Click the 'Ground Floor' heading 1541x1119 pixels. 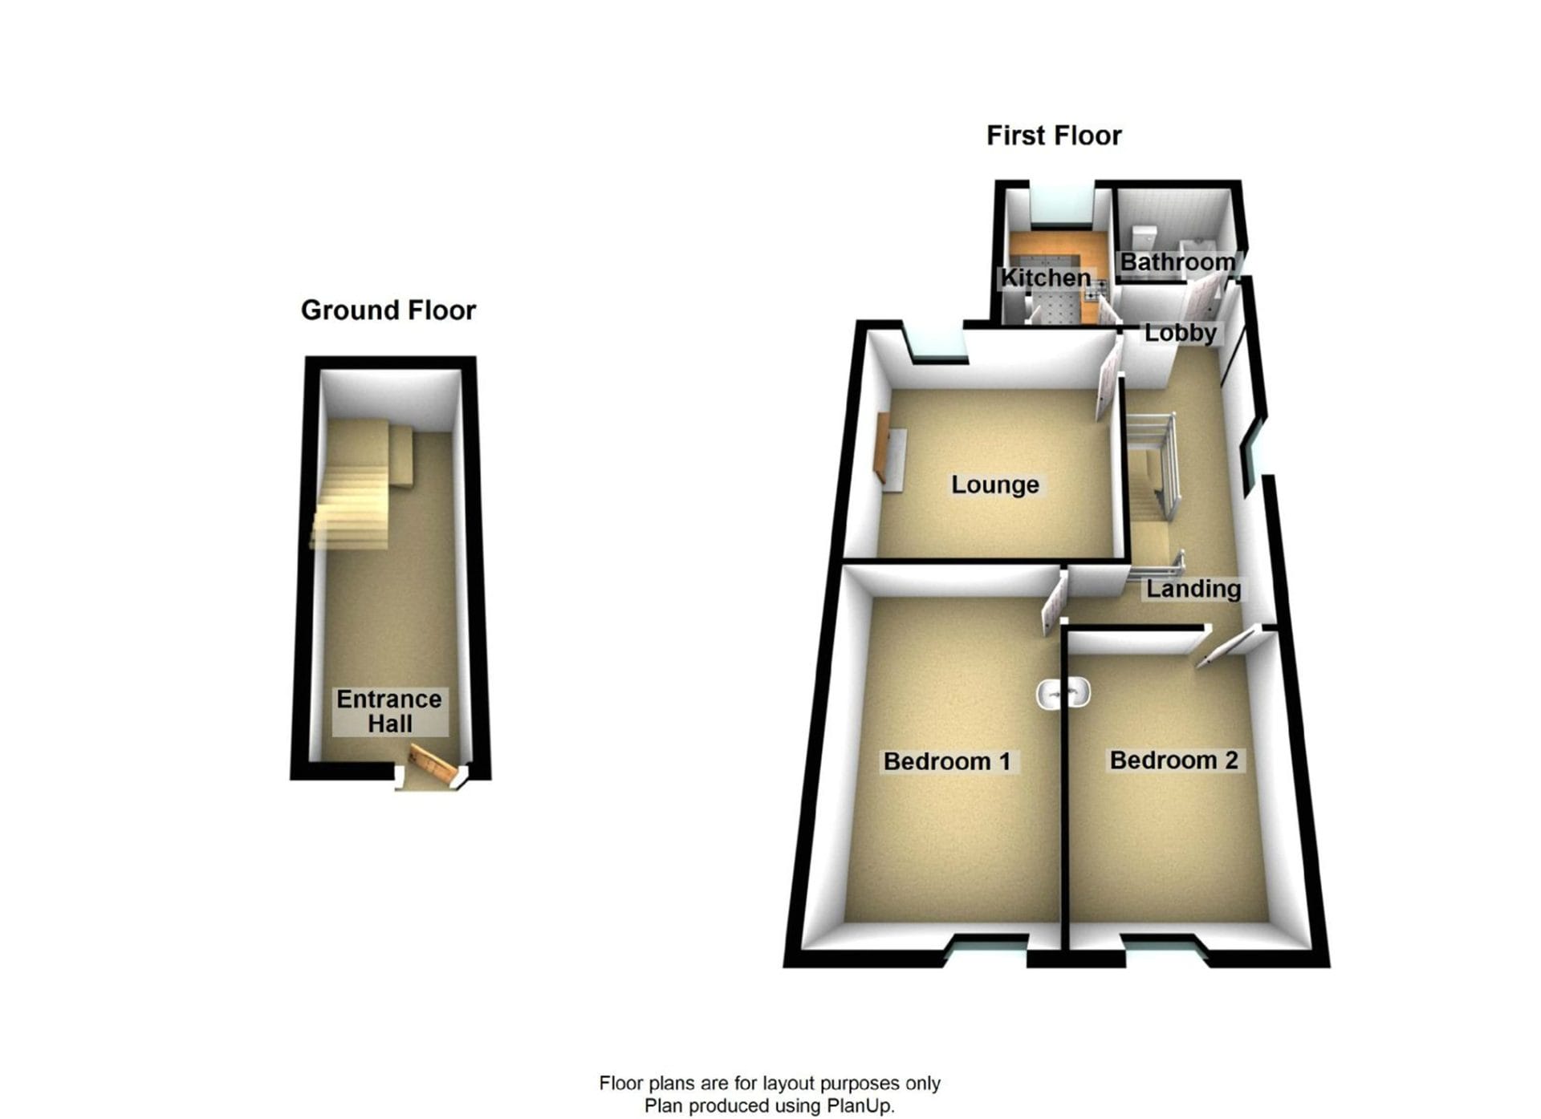388,310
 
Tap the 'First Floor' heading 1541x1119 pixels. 1054,136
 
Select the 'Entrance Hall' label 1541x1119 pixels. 389,712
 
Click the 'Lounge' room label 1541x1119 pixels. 995,484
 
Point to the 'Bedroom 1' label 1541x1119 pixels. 947,761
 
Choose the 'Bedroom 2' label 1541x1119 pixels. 1174,760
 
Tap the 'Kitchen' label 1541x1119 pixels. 1046,278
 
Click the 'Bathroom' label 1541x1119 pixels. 1177,262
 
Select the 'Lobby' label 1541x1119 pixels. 1181,333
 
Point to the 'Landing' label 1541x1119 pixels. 1193,589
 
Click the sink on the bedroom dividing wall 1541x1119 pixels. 1063,693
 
